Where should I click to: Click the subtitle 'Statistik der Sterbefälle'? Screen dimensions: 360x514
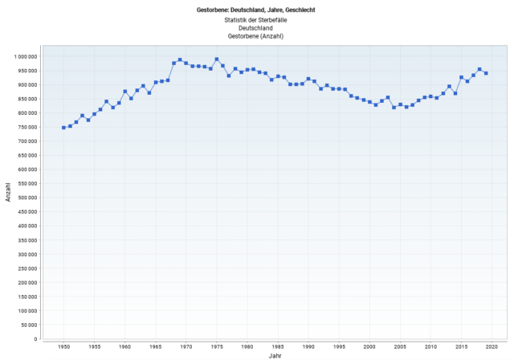point(256,18)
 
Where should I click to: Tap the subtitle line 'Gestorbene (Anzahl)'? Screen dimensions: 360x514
point(256,36)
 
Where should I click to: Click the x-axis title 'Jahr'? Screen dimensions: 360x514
point(275,354)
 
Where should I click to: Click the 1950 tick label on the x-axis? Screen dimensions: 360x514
point(63,346)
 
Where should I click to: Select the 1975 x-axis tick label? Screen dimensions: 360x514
point(217,346)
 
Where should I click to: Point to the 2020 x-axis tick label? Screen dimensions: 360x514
point(492,346)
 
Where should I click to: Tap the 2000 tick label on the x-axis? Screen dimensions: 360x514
point(369,346)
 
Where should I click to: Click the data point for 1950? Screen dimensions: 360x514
point(63,128)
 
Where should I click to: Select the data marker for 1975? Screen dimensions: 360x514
point(217,59)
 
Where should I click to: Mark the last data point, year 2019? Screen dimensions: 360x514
point(486,73)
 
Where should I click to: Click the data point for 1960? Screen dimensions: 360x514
point(125,92)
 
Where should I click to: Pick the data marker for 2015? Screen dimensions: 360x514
point(462,77)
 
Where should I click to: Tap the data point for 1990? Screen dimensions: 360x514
point(308,79)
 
